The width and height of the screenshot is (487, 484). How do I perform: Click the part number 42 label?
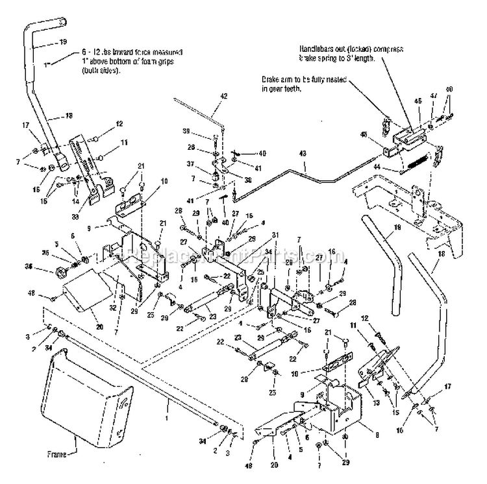pos(223,96)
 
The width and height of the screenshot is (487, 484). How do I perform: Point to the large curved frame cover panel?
pos(84,396)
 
